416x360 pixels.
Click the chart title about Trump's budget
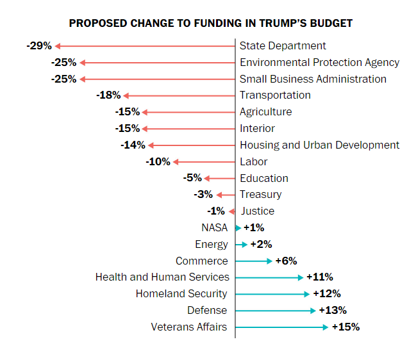click(210, 24)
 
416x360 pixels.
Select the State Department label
click(283, 45)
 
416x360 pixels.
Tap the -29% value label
click(39, 45)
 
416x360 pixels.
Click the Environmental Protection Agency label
click(319, 62)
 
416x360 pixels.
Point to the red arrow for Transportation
click(179, 95)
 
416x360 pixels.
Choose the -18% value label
click(108, 95)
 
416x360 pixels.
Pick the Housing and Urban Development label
click(319, 145)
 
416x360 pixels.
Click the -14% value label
click(133, 145)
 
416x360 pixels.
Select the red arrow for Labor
click(204, 161)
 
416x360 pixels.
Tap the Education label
click(264, 178)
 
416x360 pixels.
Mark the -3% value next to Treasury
click(203, 194)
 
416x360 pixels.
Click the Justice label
click(258, 211)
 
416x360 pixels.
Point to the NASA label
click(214, 227)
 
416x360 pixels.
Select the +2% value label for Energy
click(261, 244)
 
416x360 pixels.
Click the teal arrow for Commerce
click(254, 261)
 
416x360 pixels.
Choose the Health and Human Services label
click(162, 277)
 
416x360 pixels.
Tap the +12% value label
click(326, 294)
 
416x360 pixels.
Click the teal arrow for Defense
click(276, 311)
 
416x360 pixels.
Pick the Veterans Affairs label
click(189, 327)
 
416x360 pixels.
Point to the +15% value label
click(345, 327)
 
